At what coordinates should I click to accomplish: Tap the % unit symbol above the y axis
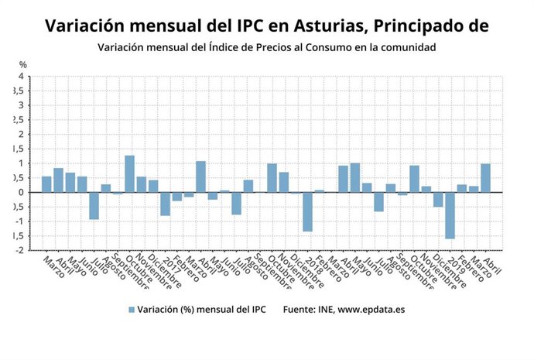[x=22, y=64]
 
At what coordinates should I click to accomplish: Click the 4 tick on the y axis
[x=20, y=77]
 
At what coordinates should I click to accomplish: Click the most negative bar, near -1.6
[x=450, y=215]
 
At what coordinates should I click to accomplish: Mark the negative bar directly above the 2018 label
[x=307, y=211]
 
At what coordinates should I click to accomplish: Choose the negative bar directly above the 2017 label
[x=165, y=204]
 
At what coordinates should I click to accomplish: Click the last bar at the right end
[x=485, y=178]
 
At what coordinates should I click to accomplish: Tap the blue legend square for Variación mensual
[x=132, y=310]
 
